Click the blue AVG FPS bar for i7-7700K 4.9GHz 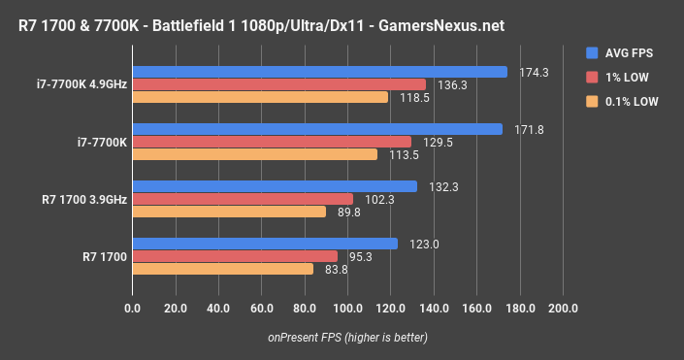click(320, 72)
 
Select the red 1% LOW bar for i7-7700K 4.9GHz click(278, 84)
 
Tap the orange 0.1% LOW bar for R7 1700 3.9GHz click(229, 212)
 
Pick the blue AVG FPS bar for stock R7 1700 click(265, 244)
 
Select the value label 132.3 click(439, 186)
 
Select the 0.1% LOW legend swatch click(592, 101)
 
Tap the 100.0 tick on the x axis click(346, 308)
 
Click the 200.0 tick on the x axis click(562, 308)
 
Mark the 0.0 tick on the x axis click(133, 308)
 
